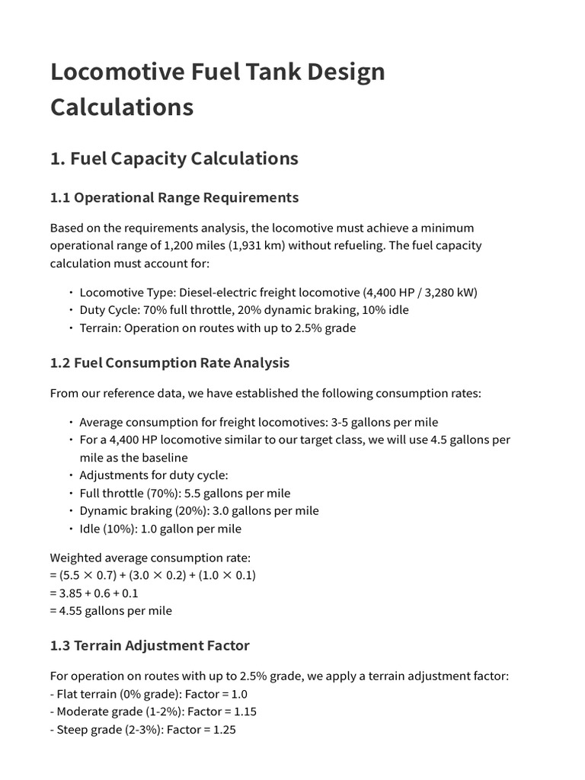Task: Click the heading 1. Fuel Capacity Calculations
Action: (174, 158)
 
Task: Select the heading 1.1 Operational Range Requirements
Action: (174, 197)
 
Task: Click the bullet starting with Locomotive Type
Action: (278, 292)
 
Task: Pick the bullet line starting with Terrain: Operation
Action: (217, 328)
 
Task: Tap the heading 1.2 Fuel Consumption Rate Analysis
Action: (169, 363)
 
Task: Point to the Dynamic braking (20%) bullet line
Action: (199, 510)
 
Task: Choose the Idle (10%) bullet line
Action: (160, 529)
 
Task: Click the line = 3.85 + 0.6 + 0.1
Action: (94, 593)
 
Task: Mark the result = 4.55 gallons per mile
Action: (111, 610)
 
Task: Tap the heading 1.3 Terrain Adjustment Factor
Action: (149, 645)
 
